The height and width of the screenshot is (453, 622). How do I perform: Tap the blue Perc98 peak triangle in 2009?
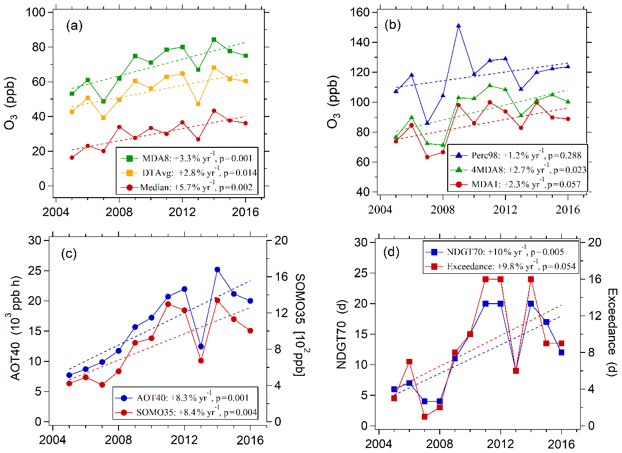(458, 25)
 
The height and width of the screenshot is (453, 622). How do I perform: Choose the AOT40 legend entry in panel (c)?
(187, 398)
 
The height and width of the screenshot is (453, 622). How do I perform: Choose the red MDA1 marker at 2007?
(427, 157)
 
